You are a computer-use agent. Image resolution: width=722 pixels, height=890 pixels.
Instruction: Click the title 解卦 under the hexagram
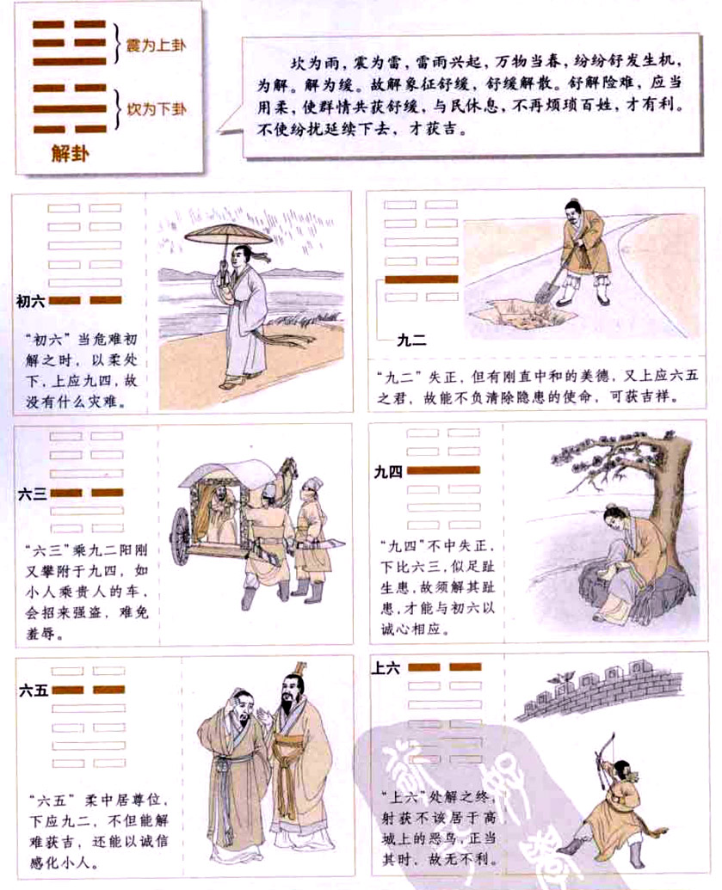click(71, 153)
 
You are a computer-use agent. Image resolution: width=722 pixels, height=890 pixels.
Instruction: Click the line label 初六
click(31, 300)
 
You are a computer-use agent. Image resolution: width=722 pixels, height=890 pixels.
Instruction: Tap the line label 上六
click(386, 668)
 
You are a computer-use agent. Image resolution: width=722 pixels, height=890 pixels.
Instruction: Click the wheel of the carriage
click(182, 535)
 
